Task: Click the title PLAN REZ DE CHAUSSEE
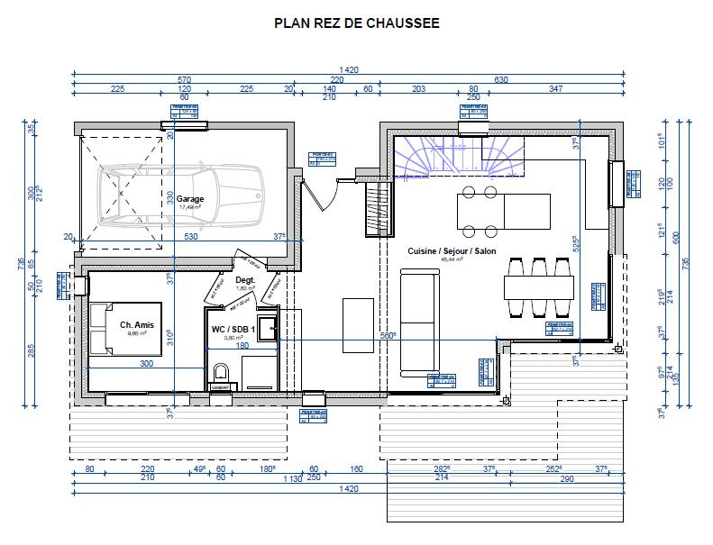357,23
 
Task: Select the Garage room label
190,199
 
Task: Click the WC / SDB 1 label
232,330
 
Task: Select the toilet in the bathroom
221,376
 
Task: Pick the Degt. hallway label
245,280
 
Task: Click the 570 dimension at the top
184,79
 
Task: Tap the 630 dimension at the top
501,79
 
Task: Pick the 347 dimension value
555,89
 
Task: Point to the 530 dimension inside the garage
190,237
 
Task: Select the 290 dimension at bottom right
565,478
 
